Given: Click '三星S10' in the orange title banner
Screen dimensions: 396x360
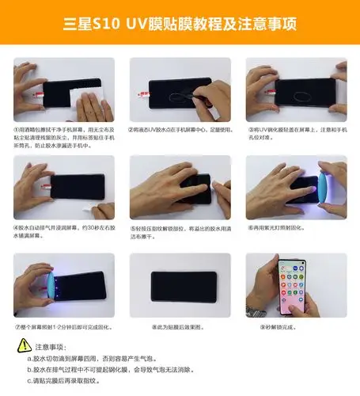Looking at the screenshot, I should point(94,25).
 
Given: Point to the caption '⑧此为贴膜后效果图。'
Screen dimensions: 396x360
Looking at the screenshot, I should point(180,326).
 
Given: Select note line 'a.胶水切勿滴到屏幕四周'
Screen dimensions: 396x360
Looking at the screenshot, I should point(119,358).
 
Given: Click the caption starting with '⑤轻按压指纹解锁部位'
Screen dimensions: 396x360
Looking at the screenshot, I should point(180,231).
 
